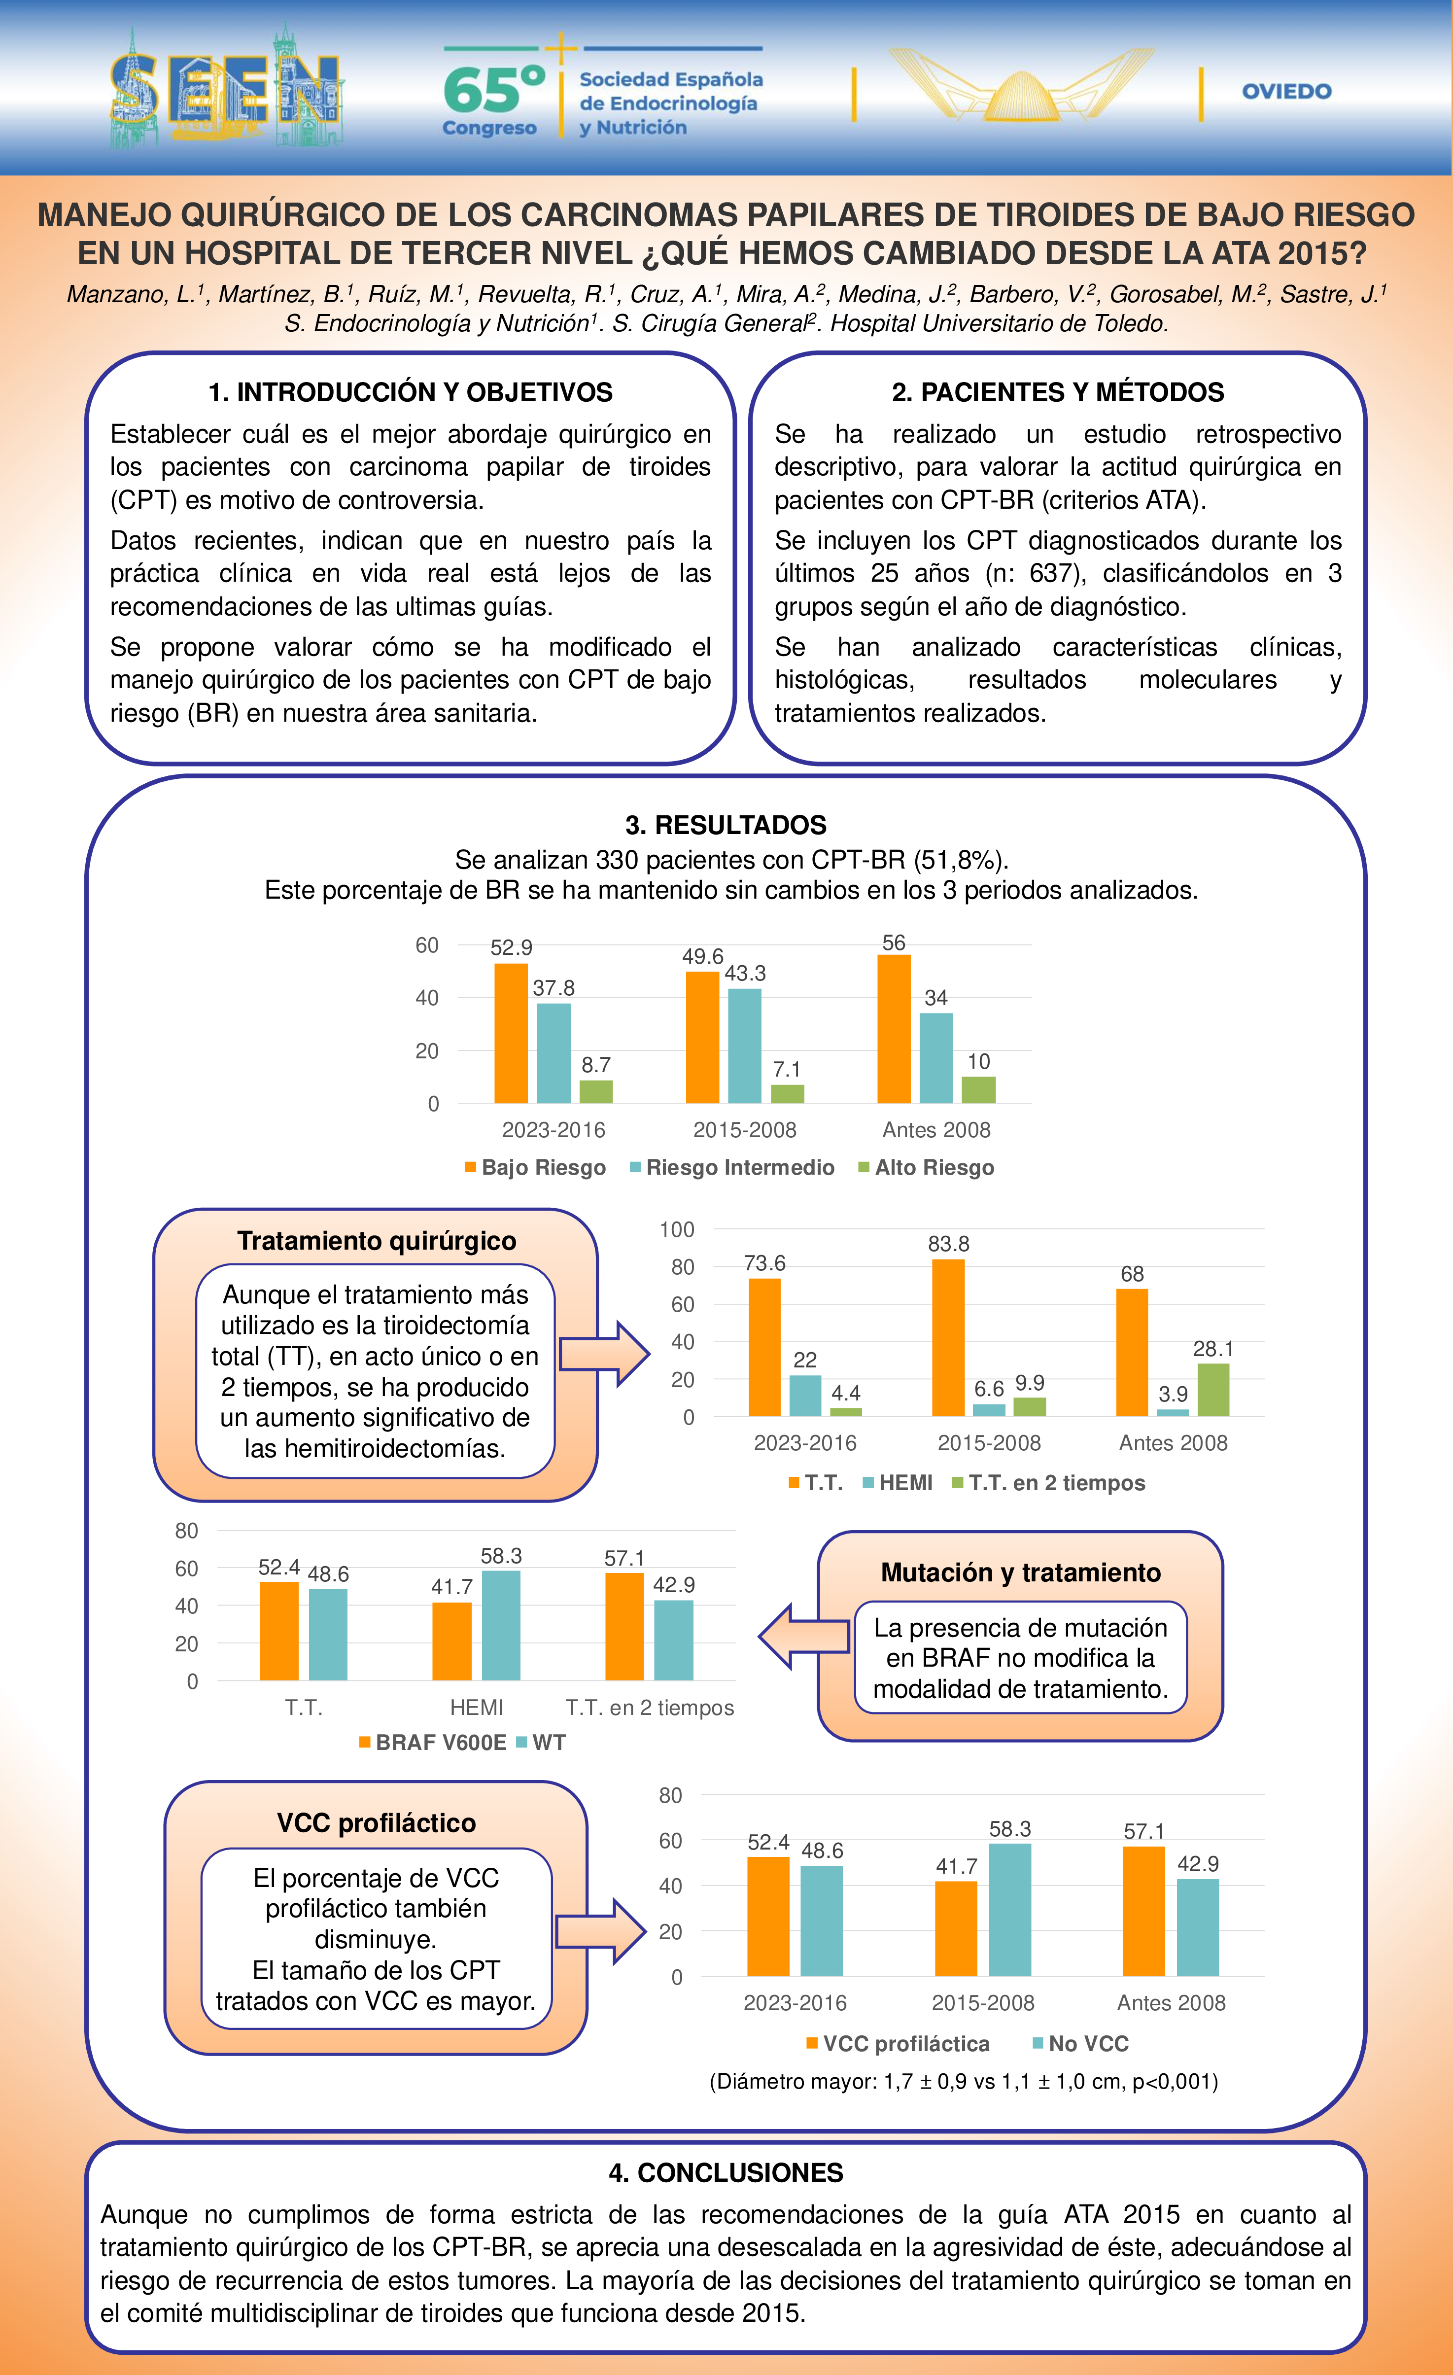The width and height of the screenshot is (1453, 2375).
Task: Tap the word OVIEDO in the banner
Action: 1286,92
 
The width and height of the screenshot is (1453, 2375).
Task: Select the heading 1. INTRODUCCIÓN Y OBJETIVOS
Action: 411,392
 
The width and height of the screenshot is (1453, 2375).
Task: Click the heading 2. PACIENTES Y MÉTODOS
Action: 1058,392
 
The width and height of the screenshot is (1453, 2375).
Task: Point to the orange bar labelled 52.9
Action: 511,1033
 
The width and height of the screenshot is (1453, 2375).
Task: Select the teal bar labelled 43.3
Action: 745,1046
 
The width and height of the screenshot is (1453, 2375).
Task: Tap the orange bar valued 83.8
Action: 948,1338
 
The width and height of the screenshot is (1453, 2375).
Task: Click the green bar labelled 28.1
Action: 1213,1390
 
